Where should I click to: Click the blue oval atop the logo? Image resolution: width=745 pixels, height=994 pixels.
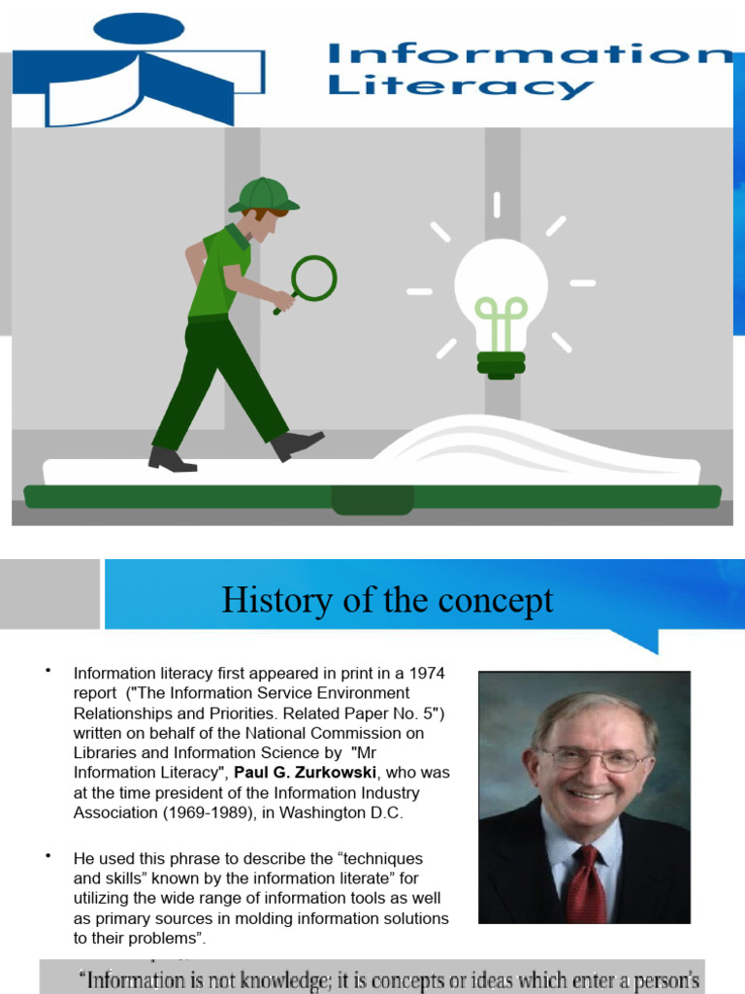tap(139, 28)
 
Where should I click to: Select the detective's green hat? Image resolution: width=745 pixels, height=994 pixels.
tap(263, 194)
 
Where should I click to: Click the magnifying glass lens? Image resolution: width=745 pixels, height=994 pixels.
tap(313, 278)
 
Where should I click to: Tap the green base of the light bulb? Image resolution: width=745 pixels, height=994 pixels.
tap(501, 365)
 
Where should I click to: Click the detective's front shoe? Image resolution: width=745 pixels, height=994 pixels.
tap(296, 445)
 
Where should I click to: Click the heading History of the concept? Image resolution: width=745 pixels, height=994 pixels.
tap(387, 600)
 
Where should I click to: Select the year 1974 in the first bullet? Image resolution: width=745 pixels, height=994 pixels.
tap(427, 672)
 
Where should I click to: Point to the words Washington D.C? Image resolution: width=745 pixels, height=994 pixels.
tap(346, 812)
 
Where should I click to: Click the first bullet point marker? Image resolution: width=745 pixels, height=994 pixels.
tap(46, 671)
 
